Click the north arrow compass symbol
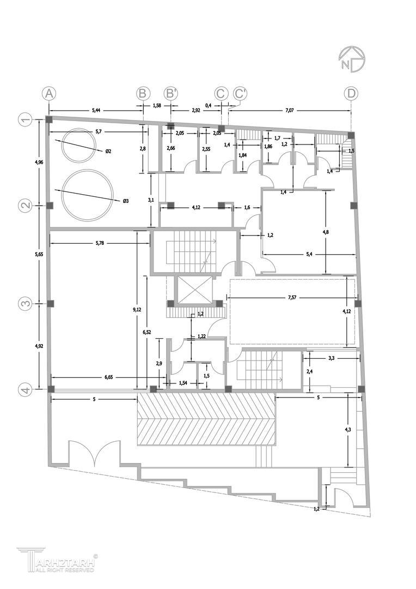pos(352,59)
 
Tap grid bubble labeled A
pos(49,94)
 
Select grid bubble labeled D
pos(351,94)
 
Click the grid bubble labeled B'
pos(171,94)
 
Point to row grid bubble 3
pos(26,304)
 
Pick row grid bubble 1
pos(26,120)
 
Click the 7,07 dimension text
pos(290,110)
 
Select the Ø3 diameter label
pos(126,201)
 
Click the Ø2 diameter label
pos(108,151)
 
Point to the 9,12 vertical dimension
pos(138,309)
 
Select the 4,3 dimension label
pos(348,430)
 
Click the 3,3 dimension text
pos(331,358)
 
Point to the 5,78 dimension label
pos(100,243)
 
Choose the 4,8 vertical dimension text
pos(326,232)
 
